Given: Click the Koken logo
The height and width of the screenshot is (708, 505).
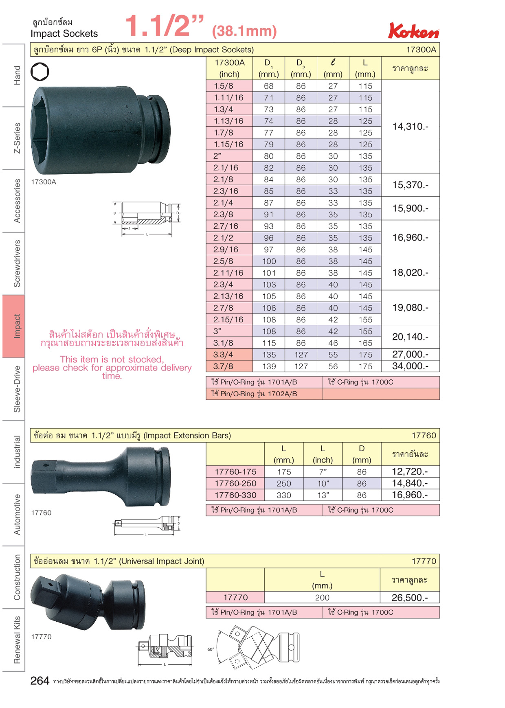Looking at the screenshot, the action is [414, 31].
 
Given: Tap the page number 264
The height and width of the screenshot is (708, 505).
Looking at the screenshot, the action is [40, 681].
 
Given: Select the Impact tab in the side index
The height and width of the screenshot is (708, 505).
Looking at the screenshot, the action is [13, 326].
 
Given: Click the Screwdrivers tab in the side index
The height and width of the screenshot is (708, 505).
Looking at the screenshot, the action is [17, 263].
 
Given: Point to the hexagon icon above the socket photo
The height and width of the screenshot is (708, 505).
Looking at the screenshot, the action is [40, 72].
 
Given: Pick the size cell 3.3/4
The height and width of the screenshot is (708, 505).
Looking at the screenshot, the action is [223, 355].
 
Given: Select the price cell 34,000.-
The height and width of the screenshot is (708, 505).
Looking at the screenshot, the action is [411, 366].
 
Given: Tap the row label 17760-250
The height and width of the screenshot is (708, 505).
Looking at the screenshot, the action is [235, 483].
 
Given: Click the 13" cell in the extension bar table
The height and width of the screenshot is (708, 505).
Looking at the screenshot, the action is [323, 495].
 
